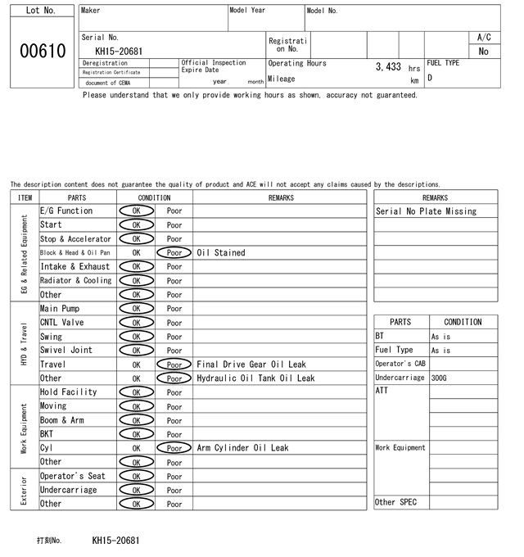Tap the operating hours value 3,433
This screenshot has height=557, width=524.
[x=388, y=66]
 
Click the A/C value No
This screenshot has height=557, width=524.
[x=483, y=52]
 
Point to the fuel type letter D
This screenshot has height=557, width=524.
[x=430, y=79]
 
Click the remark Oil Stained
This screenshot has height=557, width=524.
[x=220, y=253]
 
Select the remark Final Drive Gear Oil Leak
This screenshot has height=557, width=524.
[x=251, y=365]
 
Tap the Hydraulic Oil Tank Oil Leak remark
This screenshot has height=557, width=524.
[x=255, y=378]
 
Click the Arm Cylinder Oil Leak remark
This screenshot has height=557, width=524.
[x=242, y=448]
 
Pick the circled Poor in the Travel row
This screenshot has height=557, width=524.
[x=174, y=365]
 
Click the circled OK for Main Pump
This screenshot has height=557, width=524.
[x=136, y=309]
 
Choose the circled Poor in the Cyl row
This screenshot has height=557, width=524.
[x=174, y=448]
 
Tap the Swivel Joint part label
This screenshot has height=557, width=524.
[x=66, y=351]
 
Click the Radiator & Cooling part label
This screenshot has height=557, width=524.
[x=75, y=281]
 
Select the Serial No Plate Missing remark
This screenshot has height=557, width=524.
[x=426, y=211]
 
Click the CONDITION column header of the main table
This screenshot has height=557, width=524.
[x=154, y=197]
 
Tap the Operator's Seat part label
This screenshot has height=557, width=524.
[x=73, y=476]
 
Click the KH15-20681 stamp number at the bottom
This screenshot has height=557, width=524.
[x=115, y=541]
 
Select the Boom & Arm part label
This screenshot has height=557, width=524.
[x=62, y=420]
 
